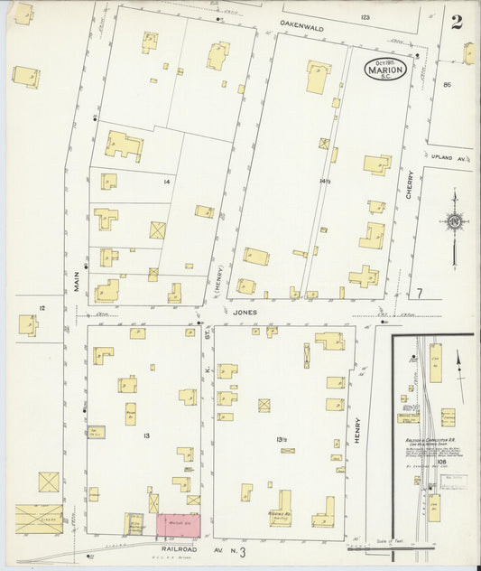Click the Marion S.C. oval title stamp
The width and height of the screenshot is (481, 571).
(385, 70)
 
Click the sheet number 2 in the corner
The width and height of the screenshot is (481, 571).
(458, 22)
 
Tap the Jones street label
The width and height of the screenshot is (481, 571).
(244, 312)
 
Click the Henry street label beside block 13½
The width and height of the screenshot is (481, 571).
(357, 429)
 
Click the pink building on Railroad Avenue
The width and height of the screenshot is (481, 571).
(179, 524)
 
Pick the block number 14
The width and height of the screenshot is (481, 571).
(166, 182)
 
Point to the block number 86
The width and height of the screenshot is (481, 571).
(446, 84)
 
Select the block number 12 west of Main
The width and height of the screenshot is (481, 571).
(42, 308)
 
